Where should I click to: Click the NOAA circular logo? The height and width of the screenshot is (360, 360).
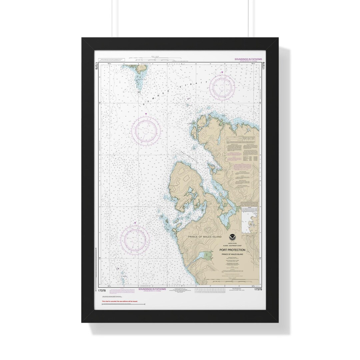click(232, 238)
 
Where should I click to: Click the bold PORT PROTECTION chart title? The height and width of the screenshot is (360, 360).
click(232, 250)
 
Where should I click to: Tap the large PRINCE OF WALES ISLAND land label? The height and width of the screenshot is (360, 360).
click(200, 237)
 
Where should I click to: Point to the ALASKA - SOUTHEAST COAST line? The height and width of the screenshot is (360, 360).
click(232, 246)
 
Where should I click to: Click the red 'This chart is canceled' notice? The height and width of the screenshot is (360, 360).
click(120, 301)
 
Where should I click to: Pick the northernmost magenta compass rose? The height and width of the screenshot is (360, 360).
click(222, 87)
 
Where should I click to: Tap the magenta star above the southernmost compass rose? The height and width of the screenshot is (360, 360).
click(135, 223)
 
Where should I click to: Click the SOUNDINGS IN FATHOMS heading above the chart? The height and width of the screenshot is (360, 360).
click(248, 59)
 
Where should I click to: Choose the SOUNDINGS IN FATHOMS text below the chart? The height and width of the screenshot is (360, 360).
click(152, 289)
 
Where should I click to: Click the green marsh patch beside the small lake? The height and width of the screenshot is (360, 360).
click(209, 256)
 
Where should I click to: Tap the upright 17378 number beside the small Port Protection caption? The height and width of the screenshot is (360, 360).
click(258, 289)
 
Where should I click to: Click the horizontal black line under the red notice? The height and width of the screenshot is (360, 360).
click(123, 304)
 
